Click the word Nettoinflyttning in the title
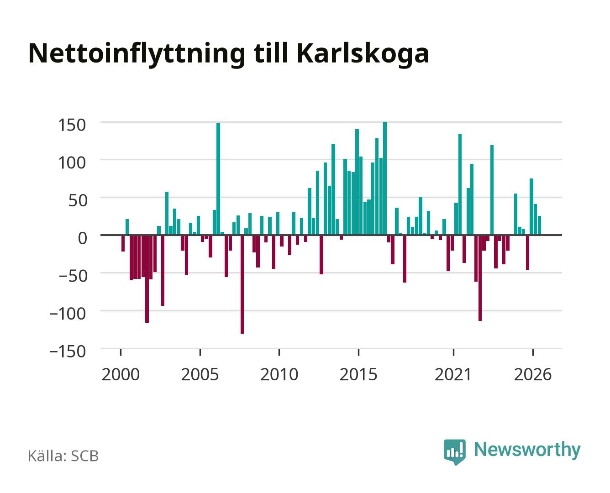[x=137, y=54]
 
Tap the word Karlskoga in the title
[x=363, y=54]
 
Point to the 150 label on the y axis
[x=72, y=125]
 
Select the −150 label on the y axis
[x=68, y=351]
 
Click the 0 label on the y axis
[x=83, y=238]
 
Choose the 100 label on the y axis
[x=72, y=163]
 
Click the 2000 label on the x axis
[x=121, y=374]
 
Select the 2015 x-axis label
[x=358, y=374]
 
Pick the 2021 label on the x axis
[x=453, y=374]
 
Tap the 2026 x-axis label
[x=533, y=374]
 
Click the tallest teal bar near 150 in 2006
[x=218, y=179]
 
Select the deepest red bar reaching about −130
[x=242, y=284]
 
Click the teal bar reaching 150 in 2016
[x=385, y=178]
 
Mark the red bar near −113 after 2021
[x=480, y=278]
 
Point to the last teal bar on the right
[x=540, y=226]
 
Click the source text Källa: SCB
[x=63, y=456]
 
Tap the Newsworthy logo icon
[x=454, y=451]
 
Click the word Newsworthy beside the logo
[x=527, y=450]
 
